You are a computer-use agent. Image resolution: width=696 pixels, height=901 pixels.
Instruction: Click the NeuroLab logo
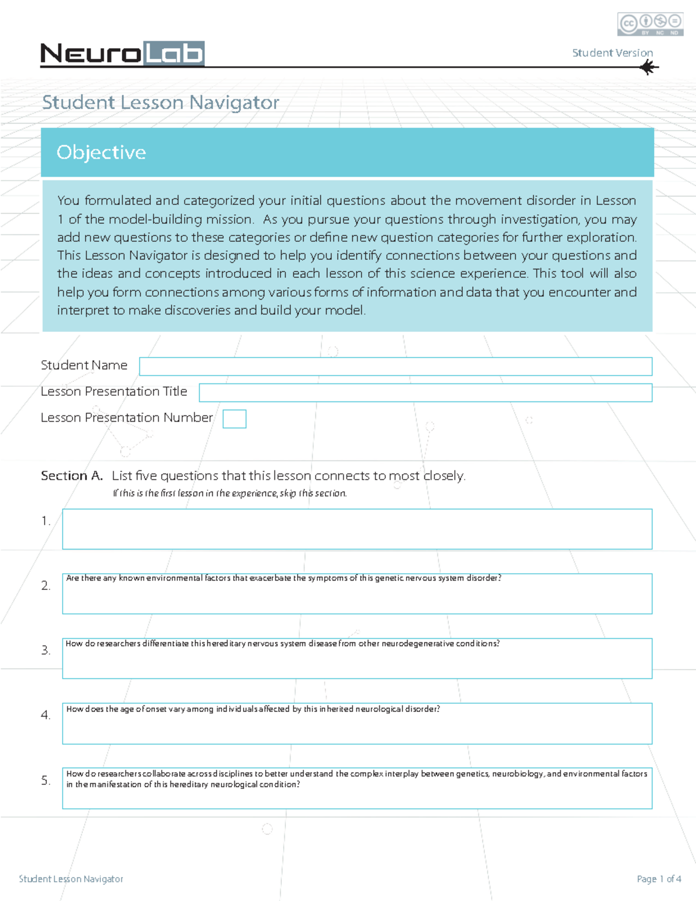tap(122, 53)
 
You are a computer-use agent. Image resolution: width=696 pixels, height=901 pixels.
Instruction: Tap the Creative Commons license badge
tap(650, 24)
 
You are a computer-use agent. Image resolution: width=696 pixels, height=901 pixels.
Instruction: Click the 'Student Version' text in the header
tap(612, 53)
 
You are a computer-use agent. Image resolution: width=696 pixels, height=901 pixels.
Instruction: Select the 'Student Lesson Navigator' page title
tap(160, 103)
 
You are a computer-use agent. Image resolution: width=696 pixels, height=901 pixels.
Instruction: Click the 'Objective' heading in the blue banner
tap(101, 152)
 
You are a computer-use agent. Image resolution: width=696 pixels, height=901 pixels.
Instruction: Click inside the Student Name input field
tap(395, 366)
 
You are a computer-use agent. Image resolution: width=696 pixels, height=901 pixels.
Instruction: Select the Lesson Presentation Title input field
tap(425, 393)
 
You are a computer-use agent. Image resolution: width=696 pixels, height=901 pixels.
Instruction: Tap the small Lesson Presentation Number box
tap(234, 419)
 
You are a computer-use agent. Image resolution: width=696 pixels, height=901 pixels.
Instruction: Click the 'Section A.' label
tap(71, 476)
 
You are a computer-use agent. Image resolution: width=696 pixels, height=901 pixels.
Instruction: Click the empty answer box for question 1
tap(357, 529)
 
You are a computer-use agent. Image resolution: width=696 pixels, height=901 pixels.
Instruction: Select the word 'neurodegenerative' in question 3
tap(418, 643)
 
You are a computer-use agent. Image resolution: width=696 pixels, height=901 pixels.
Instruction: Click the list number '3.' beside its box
tap(46, 650)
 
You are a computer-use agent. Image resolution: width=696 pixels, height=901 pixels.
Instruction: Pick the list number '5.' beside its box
tap(46, 781)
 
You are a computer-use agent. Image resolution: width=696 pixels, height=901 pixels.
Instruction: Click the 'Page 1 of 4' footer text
tap(659, 879)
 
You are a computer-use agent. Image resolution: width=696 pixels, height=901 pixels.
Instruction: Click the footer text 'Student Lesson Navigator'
tap(71, 879)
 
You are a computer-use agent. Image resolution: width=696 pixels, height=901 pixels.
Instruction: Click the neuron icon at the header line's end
tap(648, 68)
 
